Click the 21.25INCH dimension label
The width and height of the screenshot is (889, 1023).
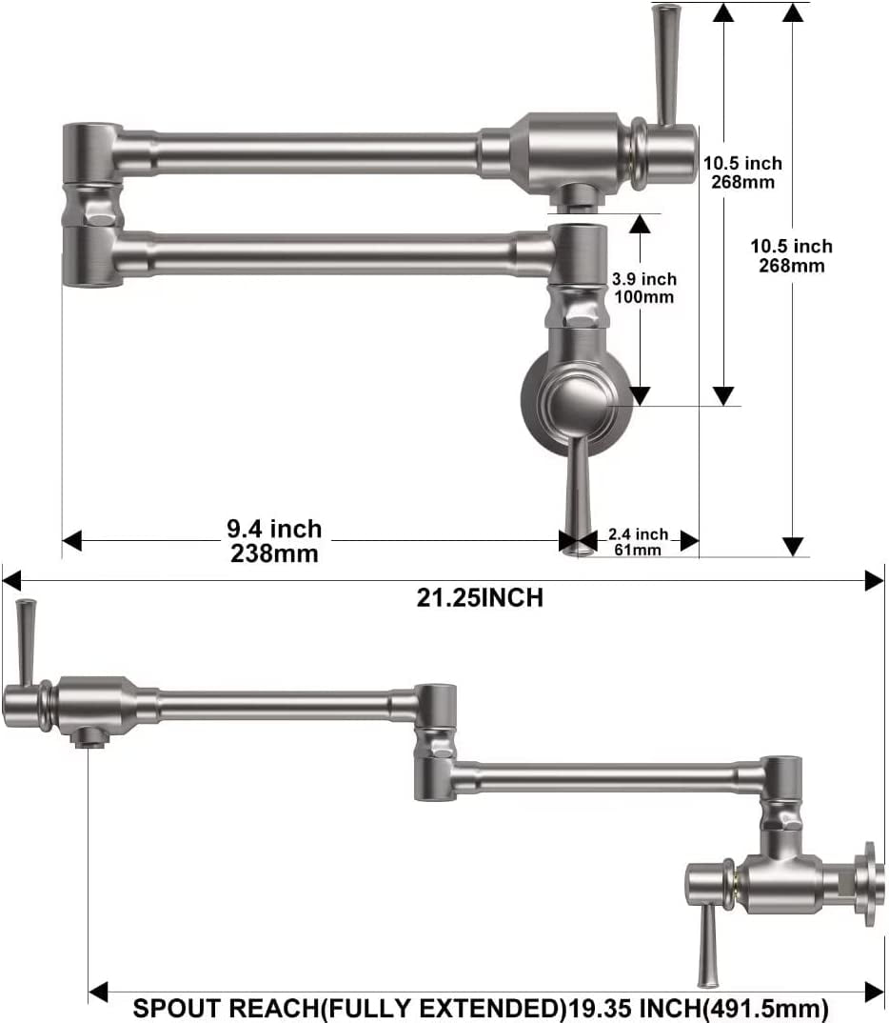[x=480, y=598]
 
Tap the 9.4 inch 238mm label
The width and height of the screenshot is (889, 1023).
[x=274, y=540]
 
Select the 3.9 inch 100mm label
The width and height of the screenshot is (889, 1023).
[x=643, y=288]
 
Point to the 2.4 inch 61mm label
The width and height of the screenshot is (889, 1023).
[x=639, y=542]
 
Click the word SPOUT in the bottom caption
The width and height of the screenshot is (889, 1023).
[x=171, y=1008]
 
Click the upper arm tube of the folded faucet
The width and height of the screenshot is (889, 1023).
[x=314, y=153]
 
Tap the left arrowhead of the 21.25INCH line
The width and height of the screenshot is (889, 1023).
[x=11, y=579]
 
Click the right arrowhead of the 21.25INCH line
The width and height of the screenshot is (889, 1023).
[x=875, y=579]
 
